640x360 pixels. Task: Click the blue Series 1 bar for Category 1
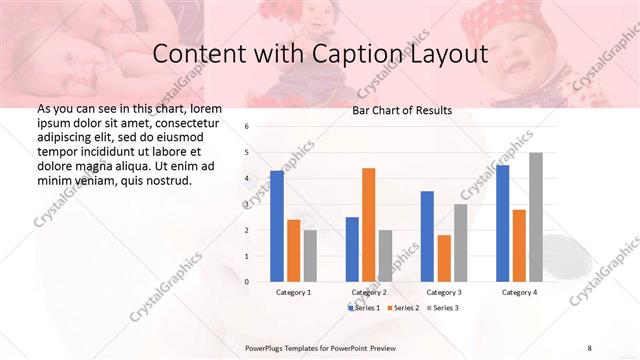pyautogui.click(x=277, y=226)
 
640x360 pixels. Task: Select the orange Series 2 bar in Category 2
pyautogui.click(x=368, y=225)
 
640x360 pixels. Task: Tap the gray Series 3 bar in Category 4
pyautogui.click(x=536, y=217)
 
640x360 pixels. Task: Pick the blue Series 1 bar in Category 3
pyautogui.click(x=427, y=236)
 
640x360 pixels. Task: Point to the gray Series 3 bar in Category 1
pyautogui.click(x=310, y=256)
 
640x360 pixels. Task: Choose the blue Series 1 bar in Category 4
pyautogui.click(x=503, y=223)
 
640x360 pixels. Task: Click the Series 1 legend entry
pyautogui.click(x=365, y=308)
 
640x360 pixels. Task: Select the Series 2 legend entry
pyautogui.click(x=403, y=308)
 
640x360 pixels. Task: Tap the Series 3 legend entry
pyautogui.click(x=442, y=308)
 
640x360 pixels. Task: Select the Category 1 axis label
pyautogui.click(x=293, y=292)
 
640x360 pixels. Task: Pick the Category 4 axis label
pyautogui.click(x=519, y=292)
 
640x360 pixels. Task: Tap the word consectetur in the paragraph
pyautogui.click(x=187, y=120)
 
